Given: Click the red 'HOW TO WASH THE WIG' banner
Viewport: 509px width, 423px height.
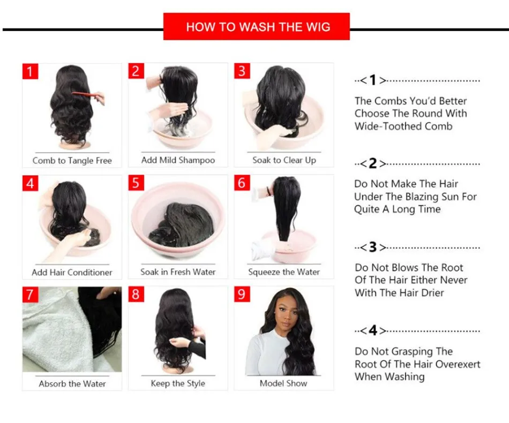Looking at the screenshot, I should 257,27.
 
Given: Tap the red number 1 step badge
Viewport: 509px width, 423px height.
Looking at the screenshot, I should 30,71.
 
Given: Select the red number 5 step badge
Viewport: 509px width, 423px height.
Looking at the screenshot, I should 136,183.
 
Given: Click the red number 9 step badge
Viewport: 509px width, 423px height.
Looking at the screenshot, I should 242,294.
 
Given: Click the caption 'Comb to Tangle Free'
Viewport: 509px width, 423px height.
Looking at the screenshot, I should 72,161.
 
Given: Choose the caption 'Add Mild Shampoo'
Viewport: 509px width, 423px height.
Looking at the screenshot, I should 178,160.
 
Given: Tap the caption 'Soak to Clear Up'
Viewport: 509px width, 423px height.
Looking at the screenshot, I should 284,160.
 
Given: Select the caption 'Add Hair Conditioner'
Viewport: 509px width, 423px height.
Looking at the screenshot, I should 72,272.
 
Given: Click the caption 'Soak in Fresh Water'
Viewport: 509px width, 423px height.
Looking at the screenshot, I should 178,272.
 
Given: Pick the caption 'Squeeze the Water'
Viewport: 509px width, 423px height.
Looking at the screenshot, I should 284,272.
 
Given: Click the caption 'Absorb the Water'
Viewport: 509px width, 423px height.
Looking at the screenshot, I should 72,384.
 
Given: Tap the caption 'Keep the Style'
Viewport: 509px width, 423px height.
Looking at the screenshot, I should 178,383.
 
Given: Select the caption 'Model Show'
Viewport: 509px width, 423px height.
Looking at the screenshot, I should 283,383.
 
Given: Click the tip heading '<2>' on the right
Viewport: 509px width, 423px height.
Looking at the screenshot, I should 373,164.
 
